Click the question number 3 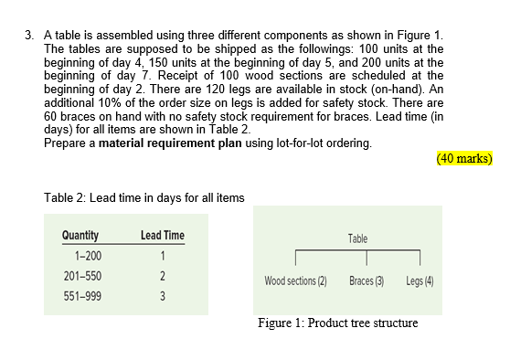click(31, 36)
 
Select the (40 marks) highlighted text click(465, 157)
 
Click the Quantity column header click(80, 235)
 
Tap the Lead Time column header click(163, 235)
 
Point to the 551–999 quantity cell click(80, 296)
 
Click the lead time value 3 click(162, 296)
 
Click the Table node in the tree click(358, 238)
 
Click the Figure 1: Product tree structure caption click(337, 323)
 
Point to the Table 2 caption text click(143, 198)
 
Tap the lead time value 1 click(162, 255)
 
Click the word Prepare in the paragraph click(65, 144)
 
